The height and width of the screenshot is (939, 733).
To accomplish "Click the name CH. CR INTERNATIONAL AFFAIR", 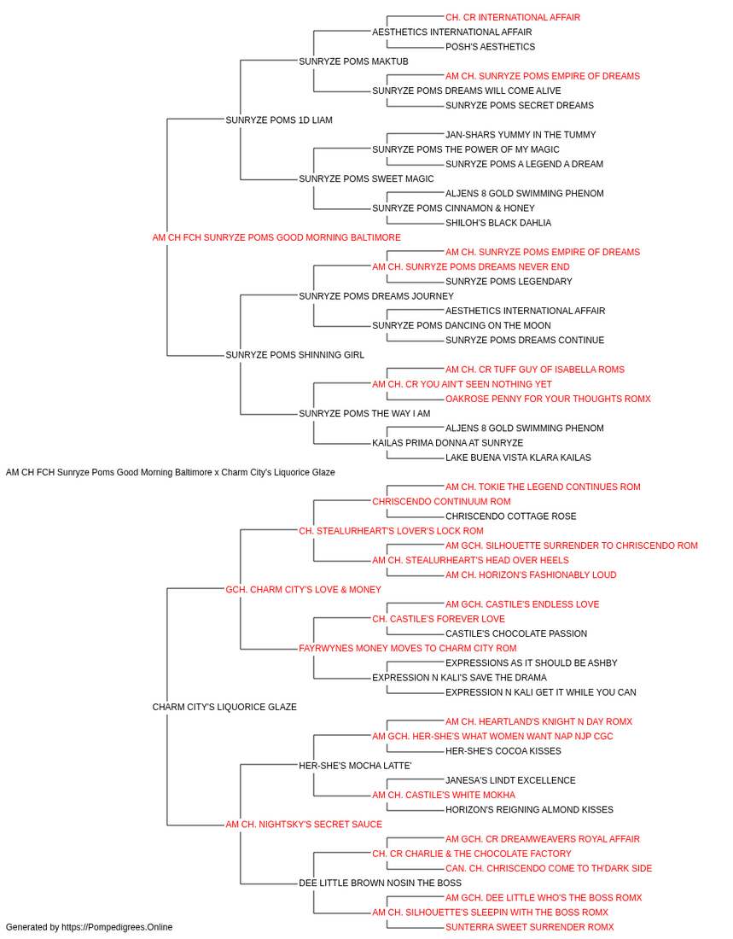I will [512, 18].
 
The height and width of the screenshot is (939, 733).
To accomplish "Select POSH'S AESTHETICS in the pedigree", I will [490, 47].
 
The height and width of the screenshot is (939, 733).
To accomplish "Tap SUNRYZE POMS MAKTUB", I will [353, 61].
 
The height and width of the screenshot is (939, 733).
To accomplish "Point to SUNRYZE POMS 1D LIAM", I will [279, 120].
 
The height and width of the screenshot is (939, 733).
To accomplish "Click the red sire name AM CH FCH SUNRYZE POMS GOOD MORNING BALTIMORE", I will [276, 237].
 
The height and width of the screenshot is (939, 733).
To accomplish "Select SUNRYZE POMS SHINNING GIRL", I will [294, 355].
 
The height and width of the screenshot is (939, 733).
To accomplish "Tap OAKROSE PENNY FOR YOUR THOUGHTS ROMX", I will [548, 399].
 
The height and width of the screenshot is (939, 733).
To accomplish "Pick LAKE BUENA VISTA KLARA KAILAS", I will [518, 458].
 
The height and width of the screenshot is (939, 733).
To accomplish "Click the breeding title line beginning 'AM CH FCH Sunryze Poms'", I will [171, 472].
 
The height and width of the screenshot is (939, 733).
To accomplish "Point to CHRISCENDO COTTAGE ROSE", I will [510, 516].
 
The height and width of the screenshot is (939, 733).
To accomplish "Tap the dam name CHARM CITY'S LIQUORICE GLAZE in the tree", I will [224, 707].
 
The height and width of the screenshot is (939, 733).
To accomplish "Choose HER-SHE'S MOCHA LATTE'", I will [355, 766].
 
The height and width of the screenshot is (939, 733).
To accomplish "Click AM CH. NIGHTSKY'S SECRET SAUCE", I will [304, 825].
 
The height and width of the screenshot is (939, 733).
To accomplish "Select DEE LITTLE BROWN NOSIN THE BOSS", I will [380, 884].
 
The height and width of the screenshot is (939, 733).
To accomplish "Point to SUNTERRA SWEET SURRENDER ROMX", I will [529, 927].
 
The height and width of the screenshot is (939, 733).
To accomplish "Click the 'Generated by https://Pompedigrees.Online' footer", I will [90, 927].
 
